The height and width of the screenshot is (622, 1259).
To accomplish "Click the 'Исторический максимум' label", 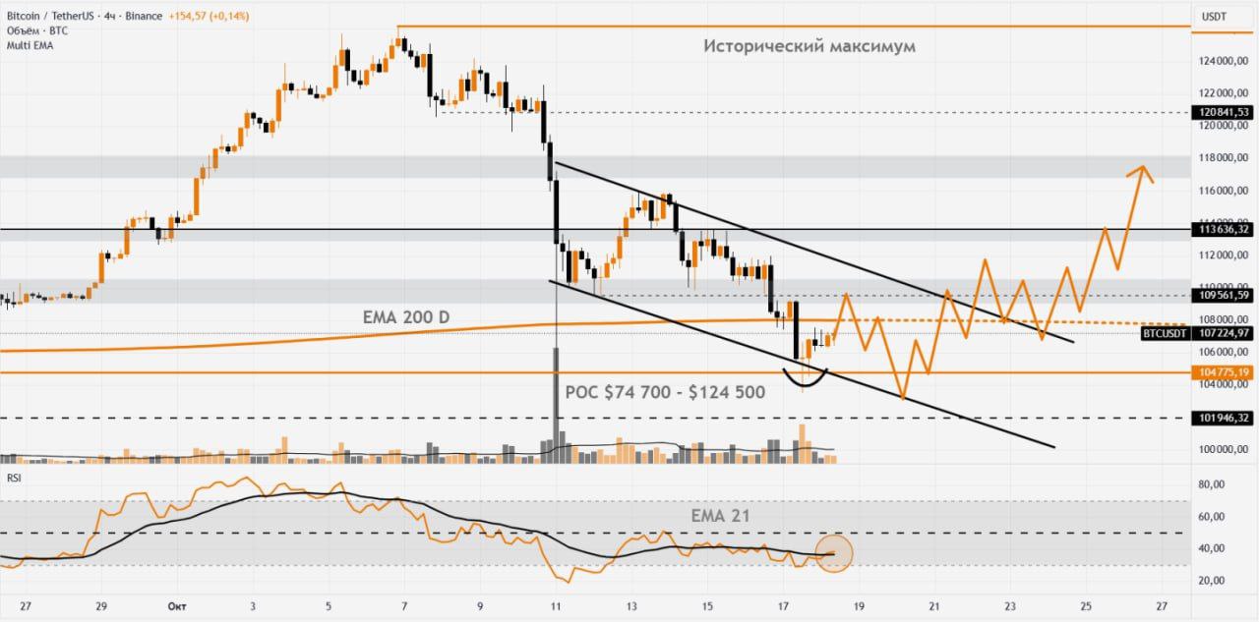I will [809, 46].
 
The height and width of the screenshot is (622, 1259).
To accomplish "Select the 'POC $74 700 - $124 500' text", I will [665, 392].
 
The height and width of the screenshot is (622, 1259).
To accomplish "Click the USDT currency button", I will [1215, 17].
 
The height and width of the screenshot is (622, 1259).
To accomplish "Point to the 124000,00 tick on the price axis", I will [1224, 61].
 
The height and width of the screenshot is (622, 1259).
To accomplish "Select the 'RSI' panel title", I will [14, 478].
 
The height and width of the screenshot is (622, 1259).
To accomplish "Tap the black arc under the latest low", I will [805, 380].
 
